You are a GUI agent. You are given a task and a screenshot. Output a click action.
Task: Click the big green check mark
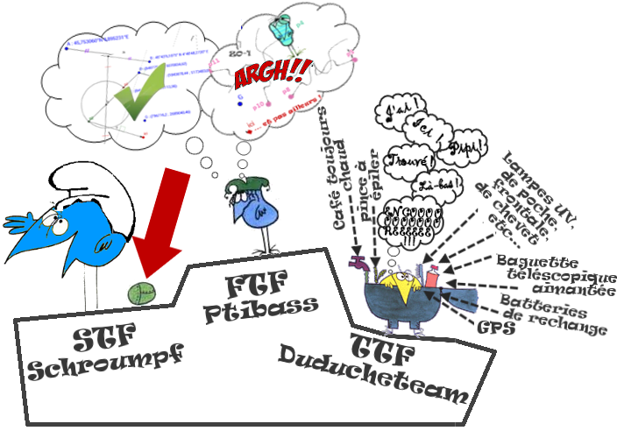(x=136, y=93)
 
